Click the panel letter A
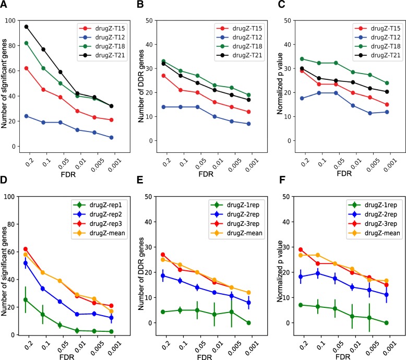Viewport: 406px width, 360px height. point(5,6)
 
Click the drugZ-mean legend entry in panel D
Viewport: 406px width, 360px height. point(102,237)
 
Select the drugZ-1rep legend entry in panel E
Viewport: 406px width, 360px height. point(235,203)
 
